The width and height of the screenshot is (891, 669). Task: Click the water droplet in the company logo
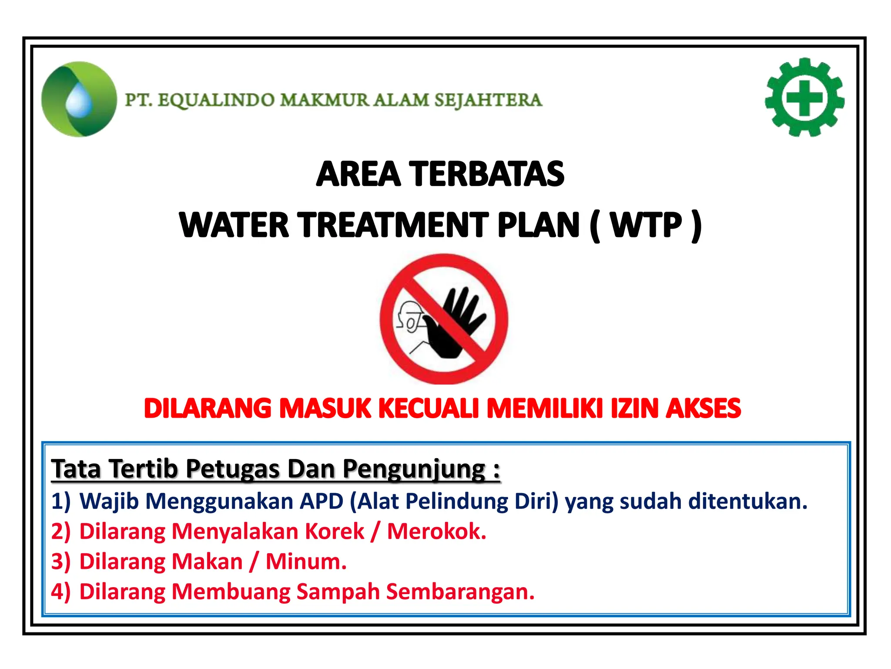[79, 101]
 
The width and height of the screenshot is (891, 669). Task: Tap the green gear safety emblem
[804, 98]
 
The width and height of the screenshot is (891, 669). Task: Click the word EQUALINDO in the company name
[216, 100]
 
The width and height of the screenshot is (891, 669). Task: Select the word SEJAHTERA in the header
[488, 100]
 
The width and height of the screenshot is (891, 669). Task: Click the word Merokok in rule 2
[436, 531]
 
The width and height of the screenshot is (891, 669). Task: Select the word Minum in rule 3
[306, 561]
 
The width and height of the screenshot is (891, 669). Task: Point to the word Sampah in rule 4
[338, 591]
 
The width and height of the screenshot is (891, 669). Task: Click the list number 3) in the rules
[60, 561]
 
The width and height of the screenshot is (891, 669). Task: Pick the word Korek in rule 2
[335, 531]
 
